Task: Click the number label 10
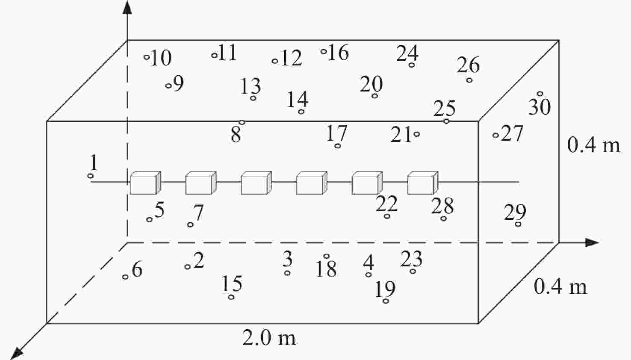(x=161, y=58)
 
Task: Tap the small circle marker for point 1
(x=91, y=176)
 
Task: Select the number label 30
(x=540, y=107)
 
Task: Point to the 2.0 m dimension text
(x=269, y=338)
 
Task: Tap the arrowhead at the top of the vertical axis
(x=127, y=7)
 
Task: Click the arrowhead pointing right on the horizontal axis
(x=592, y=242)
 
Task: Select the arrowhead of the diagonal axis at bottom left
(x=17, y=353)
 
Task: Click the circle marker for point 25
(x=446, y=121)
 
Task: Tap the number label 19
(x=385, y=289)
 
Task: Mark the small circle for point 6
(x=125, y=277)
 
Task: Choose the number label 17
(x=336, y=133)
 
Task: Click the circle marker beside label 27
(x=496, y=135)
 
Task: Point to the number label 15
(x=232, y=283)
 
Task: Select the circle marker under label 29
(x=518, y=224)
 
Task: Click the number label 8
(x=236, y=135)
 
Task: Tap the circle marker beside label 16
(x=324, y=51)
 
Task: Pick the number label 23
(x=411, y=259)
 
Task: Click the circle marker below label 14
(x=301, y=112)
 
